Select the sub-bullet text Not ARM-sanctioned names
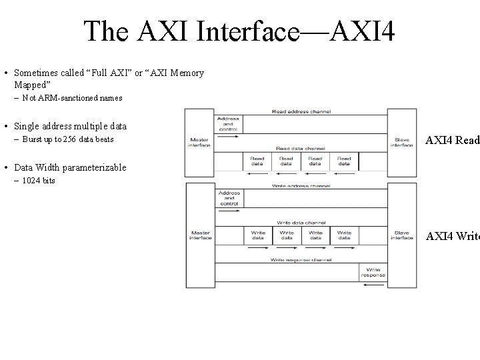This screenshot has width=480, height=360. [x=72, y=98]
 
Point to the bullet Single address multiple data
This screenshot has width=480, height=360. [x=69, y=126]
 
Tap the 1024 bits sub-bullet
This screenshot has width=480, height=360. [x=38, y=181]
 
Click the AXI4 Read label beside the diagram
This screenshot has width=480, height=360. [x=453, y=141]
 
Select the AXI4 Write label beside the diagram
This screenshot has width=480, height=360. [x=453, y=235]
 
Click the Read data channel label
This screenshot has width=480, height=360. [x=301, y=148]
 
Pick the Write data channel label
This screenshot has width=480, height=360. [x=301, y=222]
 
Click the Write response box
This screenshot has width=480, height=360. [x=373, y=271]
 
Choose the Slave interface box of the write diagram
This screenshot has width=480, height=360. [x=402, y=235]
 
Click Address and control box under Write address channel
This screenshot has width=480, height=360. [x=229, y=198]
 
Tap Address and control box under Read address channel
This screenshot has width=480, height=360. [x=228, y=123]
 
